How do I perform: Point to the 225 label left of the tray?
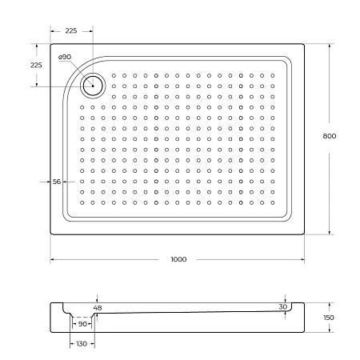pos(36,65)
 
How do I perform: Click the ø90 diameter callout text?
pos(66,57)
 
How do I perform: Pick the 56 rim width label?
pos(57,182)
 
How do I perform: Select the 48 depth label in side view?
pos(98,308)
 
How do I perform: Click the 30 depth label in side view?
pos(282,307)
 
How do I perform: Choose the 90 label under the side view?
pos(82,324)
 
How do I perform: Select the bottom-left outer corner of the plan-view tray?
pos(52,234)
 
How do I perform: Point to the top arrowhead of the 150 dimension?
pos(329,305)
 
